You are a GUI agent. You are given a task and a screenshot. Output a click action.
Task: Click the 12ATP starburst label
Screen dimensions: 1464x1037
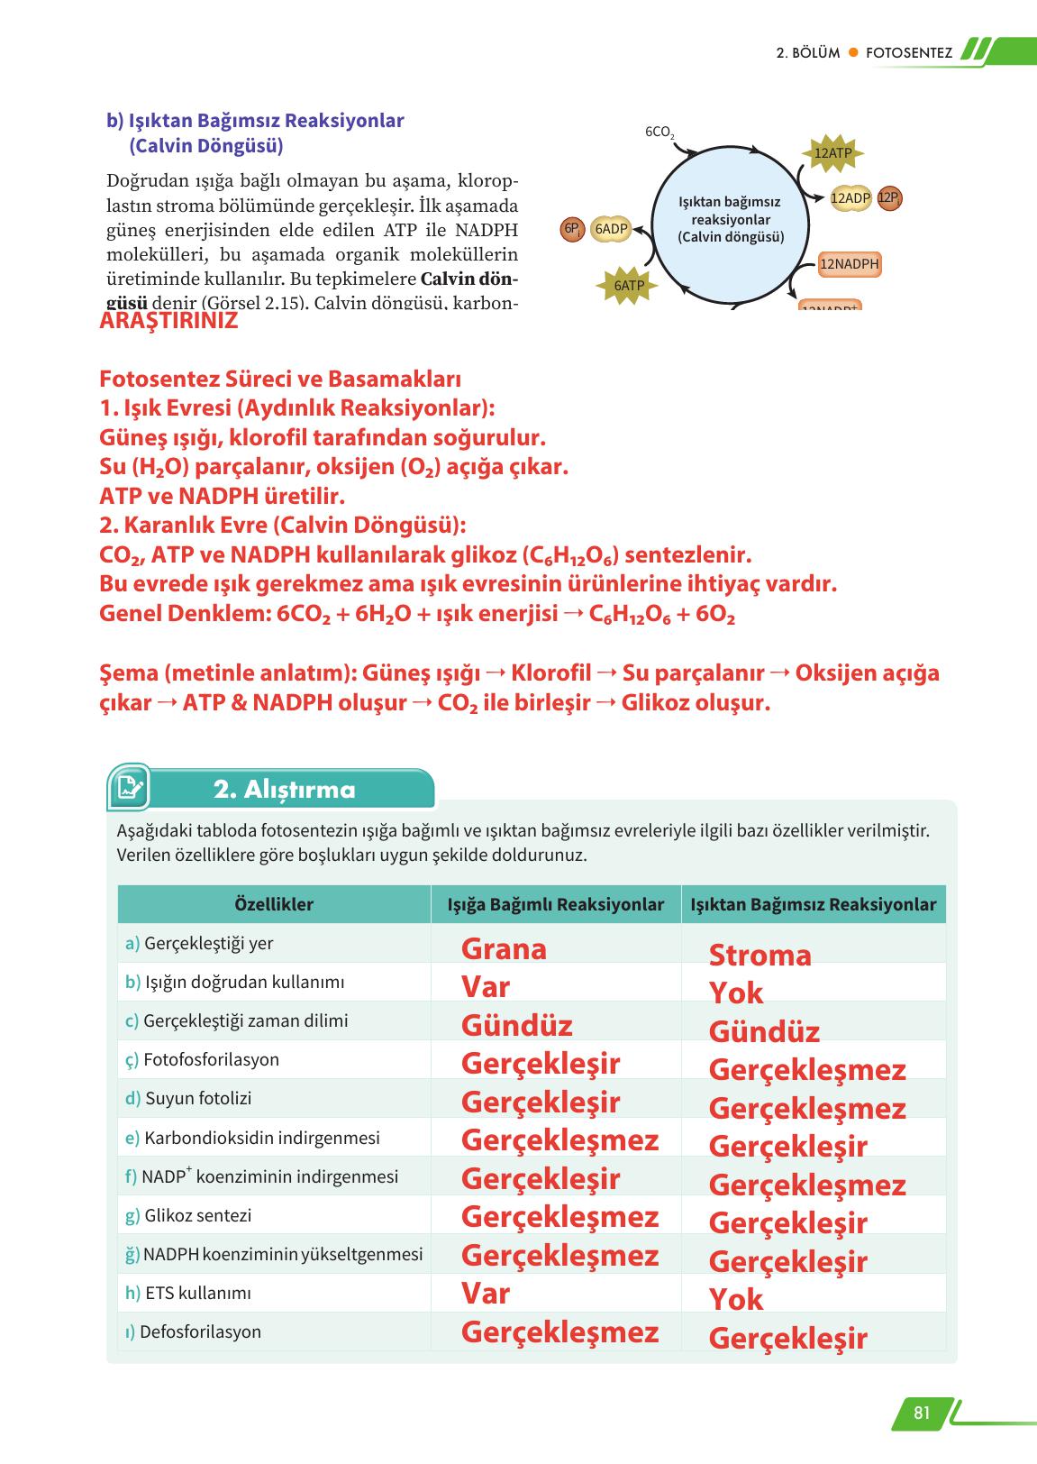click(832, 153)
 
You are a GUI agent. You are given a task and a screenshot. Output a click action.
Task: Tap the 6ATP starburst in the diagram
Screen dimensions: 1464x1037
click(629, 286)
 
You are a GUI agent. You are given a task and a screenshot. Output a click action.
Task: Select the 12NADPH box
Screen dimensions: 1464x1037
click(850, 264)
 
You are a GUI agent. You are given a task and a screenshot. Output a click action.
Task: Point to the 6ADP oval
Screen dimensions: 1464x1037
click(611, 229)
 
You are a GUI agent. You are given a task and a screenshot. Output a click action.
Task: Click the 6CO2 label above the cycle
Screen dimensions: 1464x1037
click(659, 132)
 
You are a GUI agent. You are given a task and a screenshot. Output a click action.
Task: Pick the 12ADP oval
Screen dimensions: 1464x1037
click(850, 198)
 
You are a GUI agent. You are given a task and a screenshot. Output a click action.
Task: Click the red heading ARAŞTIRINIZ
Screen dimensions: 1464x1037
click(168, 321)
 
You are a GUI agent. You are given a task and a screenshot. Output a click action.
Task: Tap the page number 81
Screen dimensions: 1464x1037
click(921, 1413)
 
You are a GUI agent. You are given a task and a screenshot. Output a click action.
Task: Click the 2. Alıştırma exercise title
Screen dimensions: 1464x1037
click(284, 790)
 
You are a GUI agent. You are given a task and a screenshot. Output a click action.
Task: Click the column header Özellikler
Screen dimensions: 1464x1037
click(273, 904)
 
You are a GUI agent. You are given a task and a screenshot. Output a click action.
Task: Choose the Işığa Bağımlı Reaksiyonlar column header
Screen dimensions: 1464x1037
click(555, 904)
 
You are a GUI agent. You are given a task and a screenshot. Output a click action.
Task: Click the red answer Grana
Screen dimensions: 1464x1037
click(504, 949)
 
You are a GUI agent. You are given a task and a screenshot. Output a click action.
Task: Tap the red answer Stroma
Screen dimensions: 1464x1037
click(760, 955)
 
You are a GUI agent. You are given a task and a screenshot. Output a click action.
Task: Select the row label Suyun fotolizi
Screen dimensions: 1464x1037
click(197, 1098)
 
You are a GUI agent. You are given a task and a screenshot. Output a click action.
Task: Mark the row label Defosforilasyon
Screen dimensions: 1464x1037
click(200, 1331)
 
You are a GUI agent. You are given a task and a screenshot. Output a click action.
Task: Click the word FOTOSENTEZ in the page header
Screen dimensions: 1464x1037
click(908, 52)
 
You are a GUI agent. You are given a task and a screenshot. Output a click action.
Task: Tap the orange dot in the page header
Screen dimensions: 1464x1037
click(852, 52)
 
